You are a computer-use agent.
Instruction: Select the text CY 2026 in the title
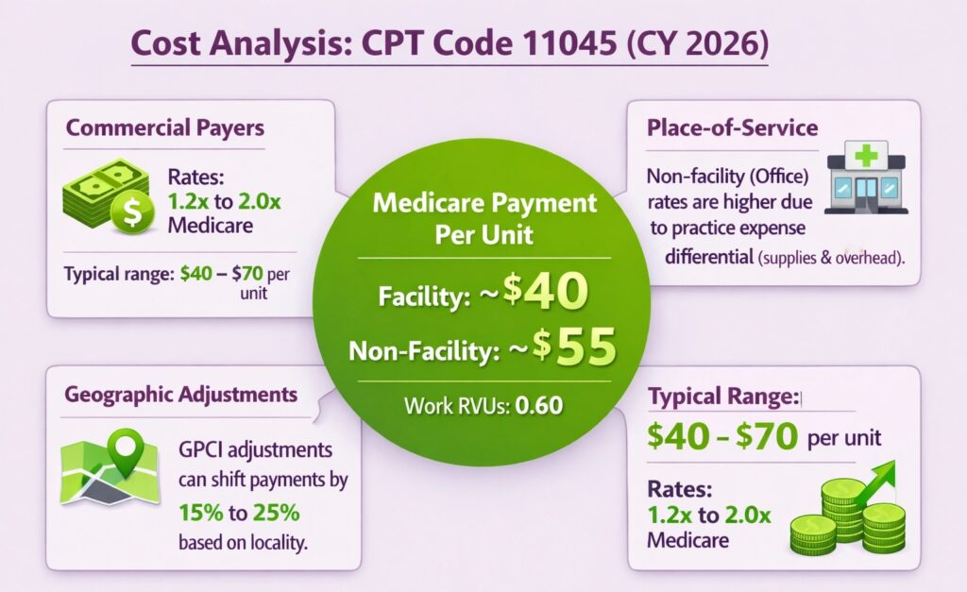689,44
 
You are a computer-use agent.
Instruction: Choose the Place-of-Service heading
732,128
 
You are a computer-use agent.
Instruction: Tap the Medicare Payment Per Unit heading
485,218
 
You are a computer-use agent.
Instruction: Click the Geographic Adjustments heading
180,395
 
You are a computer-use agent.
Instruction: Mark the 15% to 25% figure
239,514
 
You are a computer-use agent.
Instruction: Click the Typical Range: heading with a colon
722,397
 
